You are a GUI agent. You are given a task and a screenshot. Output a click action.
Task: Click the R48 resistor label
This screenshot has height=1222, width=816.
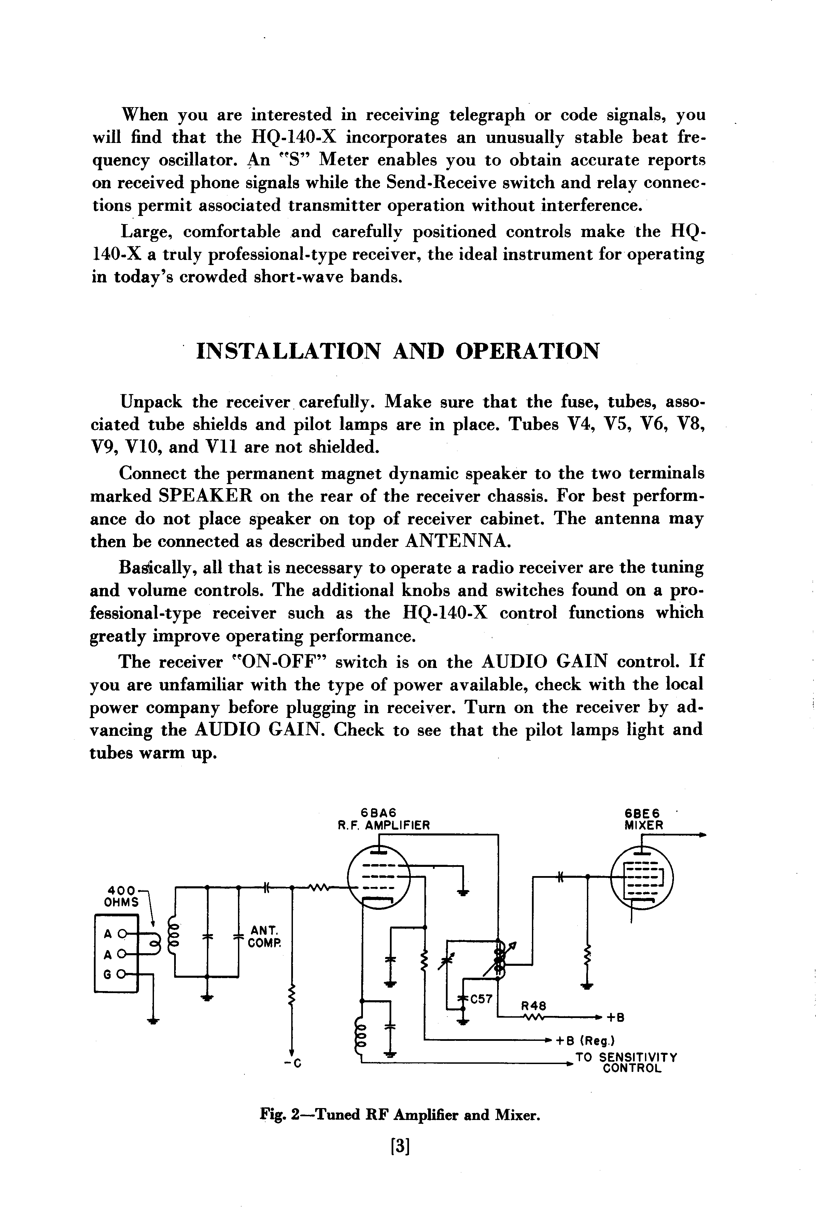pyautogui.click(x=533, y=1006)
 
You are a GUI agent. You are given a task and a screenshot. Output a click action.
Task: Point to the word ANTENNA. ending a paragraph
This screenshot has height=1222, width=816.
pyautogui.click(x=458, y=541)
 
